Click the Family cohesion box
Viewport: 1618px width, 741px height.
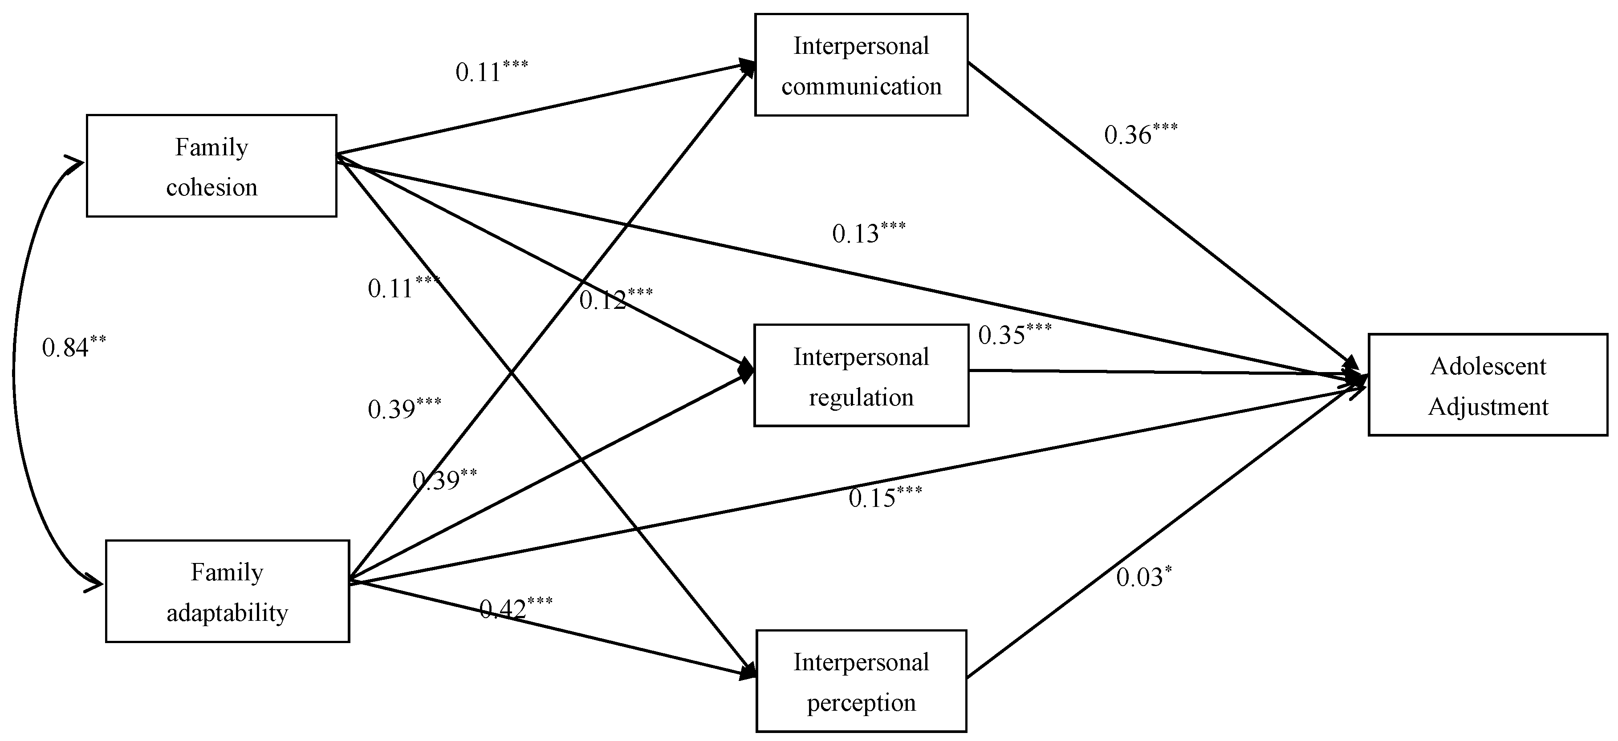[x=211, y=166]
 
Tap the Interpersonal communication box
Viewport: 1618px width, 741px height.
[x=861, y=65]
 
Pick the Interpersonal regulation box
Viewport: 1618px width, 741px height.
[x=861, y=376]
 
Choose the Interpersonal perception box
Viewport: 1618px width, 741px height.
[x=861, y=681]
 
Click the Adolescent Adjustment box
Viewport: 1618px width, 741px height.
[x=1488, y=385]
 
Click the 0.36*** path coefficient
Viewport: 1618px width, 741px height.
[x=1140, y=134]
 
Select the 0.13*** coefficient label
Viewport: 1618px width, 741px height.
[x=868, y=232]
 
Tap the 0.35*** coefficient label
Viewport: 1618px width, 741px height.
[x=1014, y=334]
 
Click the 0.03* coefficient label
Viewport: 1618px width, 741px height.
[x=1143, y=576]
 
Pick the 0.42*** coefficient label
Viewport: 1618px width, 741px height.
[x=515, y=607]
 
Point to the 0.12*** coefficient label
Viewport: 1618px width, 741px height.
[x=615, y=299]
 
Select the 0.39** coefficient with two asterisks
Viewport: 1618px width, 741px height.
[x=444, y=480]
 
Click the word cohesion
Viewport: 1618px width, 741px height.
[x=211, y=187]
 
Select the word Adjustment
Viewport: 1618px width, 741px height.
[x=1488, y=407]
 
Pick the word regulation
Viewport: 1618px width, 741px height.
[x=861, y=397]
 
